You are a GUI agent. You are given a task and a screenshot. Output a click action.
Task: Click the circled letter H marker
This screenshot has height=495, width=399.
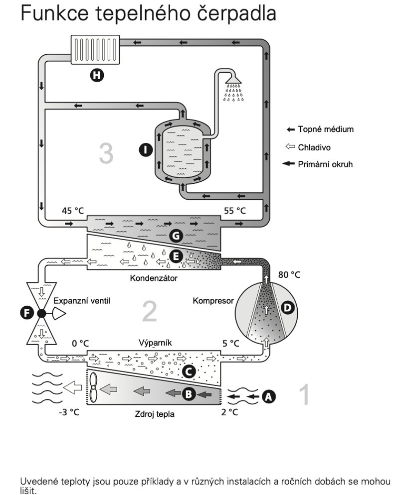(x=97, y=75)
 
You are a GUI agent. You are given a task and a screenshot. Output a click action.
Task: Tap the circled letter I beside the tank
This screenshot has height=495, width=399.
(x=146, y=149)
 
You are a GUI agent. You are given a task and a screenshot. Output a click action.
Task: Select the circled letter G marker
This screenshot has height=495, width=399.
(x=176, y=236)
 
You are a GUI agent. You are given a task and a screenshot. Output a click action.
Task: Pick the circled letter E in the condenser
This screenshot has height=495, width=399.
(x=176, y=256)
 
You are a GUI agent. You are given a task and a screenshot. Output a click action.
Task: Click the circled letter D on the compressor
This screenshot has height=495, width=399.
(x=287, y=307)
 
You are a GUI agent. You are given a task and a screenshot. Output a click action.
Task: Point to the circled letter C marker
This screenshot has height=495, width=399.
(x=189, y=371)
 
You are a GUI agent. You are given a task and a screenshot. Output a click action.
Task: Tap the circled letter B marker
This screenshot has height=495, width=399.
(x=189, y=394)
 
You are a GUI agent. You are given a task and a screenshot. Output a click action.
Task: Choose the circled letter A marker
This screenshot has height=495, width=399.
(x=268, y=396)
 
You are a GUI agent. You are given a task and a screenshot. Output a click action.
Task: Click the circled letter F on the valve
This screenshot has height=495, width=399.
(x=27, y=313)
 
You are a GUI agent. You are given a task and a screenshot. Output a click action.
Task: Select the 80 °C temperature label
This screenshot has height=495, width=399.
(x=289, y=275)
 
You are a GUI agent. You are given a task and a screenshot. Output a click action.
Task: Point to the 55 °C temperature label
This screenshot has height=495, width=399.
(x=234, y=211)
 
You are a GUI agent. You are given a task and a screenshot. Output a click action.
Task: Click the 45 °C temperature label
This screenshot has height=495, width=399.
(x=73, y=211)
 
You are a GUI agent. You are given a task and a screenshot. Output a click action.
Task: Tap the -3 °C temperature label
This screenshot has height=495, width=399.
(x=69, y=412)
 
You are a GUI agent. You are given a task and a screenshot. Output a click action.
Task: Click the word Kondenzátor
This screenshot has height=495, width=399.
(x=154, y=278)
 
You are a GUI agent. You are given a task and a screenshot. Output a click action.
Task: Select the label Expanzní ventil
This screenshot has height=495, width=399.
(x=82, y=301)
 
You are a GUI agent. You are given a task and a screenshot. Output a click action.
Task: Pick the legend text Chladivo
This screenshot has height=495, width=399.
(x=314, y=147)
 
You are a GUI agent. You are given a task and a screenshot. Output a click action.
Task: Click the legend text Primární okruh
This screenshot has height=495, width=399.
(x=325, y=164)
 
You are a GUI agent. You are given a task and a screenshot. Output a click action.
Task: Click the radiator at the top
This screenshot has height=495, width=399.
(x=95, y=50)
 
